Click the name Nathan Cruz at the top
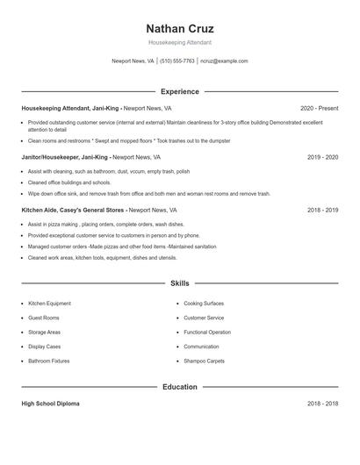click(x=180, y=29)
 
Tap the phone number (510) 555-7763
click(x=177, y=61)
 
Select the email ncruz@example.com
click(x=224, y=61)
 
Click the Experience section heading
click(x=180, y=91)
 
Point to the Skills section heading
click(x=180, y=283)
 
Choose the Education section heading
click(x=180, y=387)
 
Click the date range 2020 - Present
click(x=319, y=108)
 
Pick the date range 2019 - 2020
click(x=322, y=157)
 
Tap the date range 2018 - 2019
click(x=322, y=211)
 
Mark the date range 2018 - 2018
click(x=322, y=404)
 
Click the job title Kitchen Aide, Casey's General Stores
click(x=74, y=211)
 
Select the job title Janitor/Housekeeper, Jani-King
click(x=66, y=157)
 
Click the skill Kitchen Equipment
click(x=49, y=304)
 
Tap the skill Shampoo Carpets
click(x=204, y=361)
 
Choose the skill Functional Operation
click(x=207, y=333)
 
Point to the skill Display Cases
click(x=44, y=347)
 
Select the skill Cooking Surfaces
click(x=204, y=304)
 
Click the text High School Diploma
click(x=50, y=404)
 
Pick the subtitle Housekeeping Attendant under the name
click(x=180, y=42)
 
